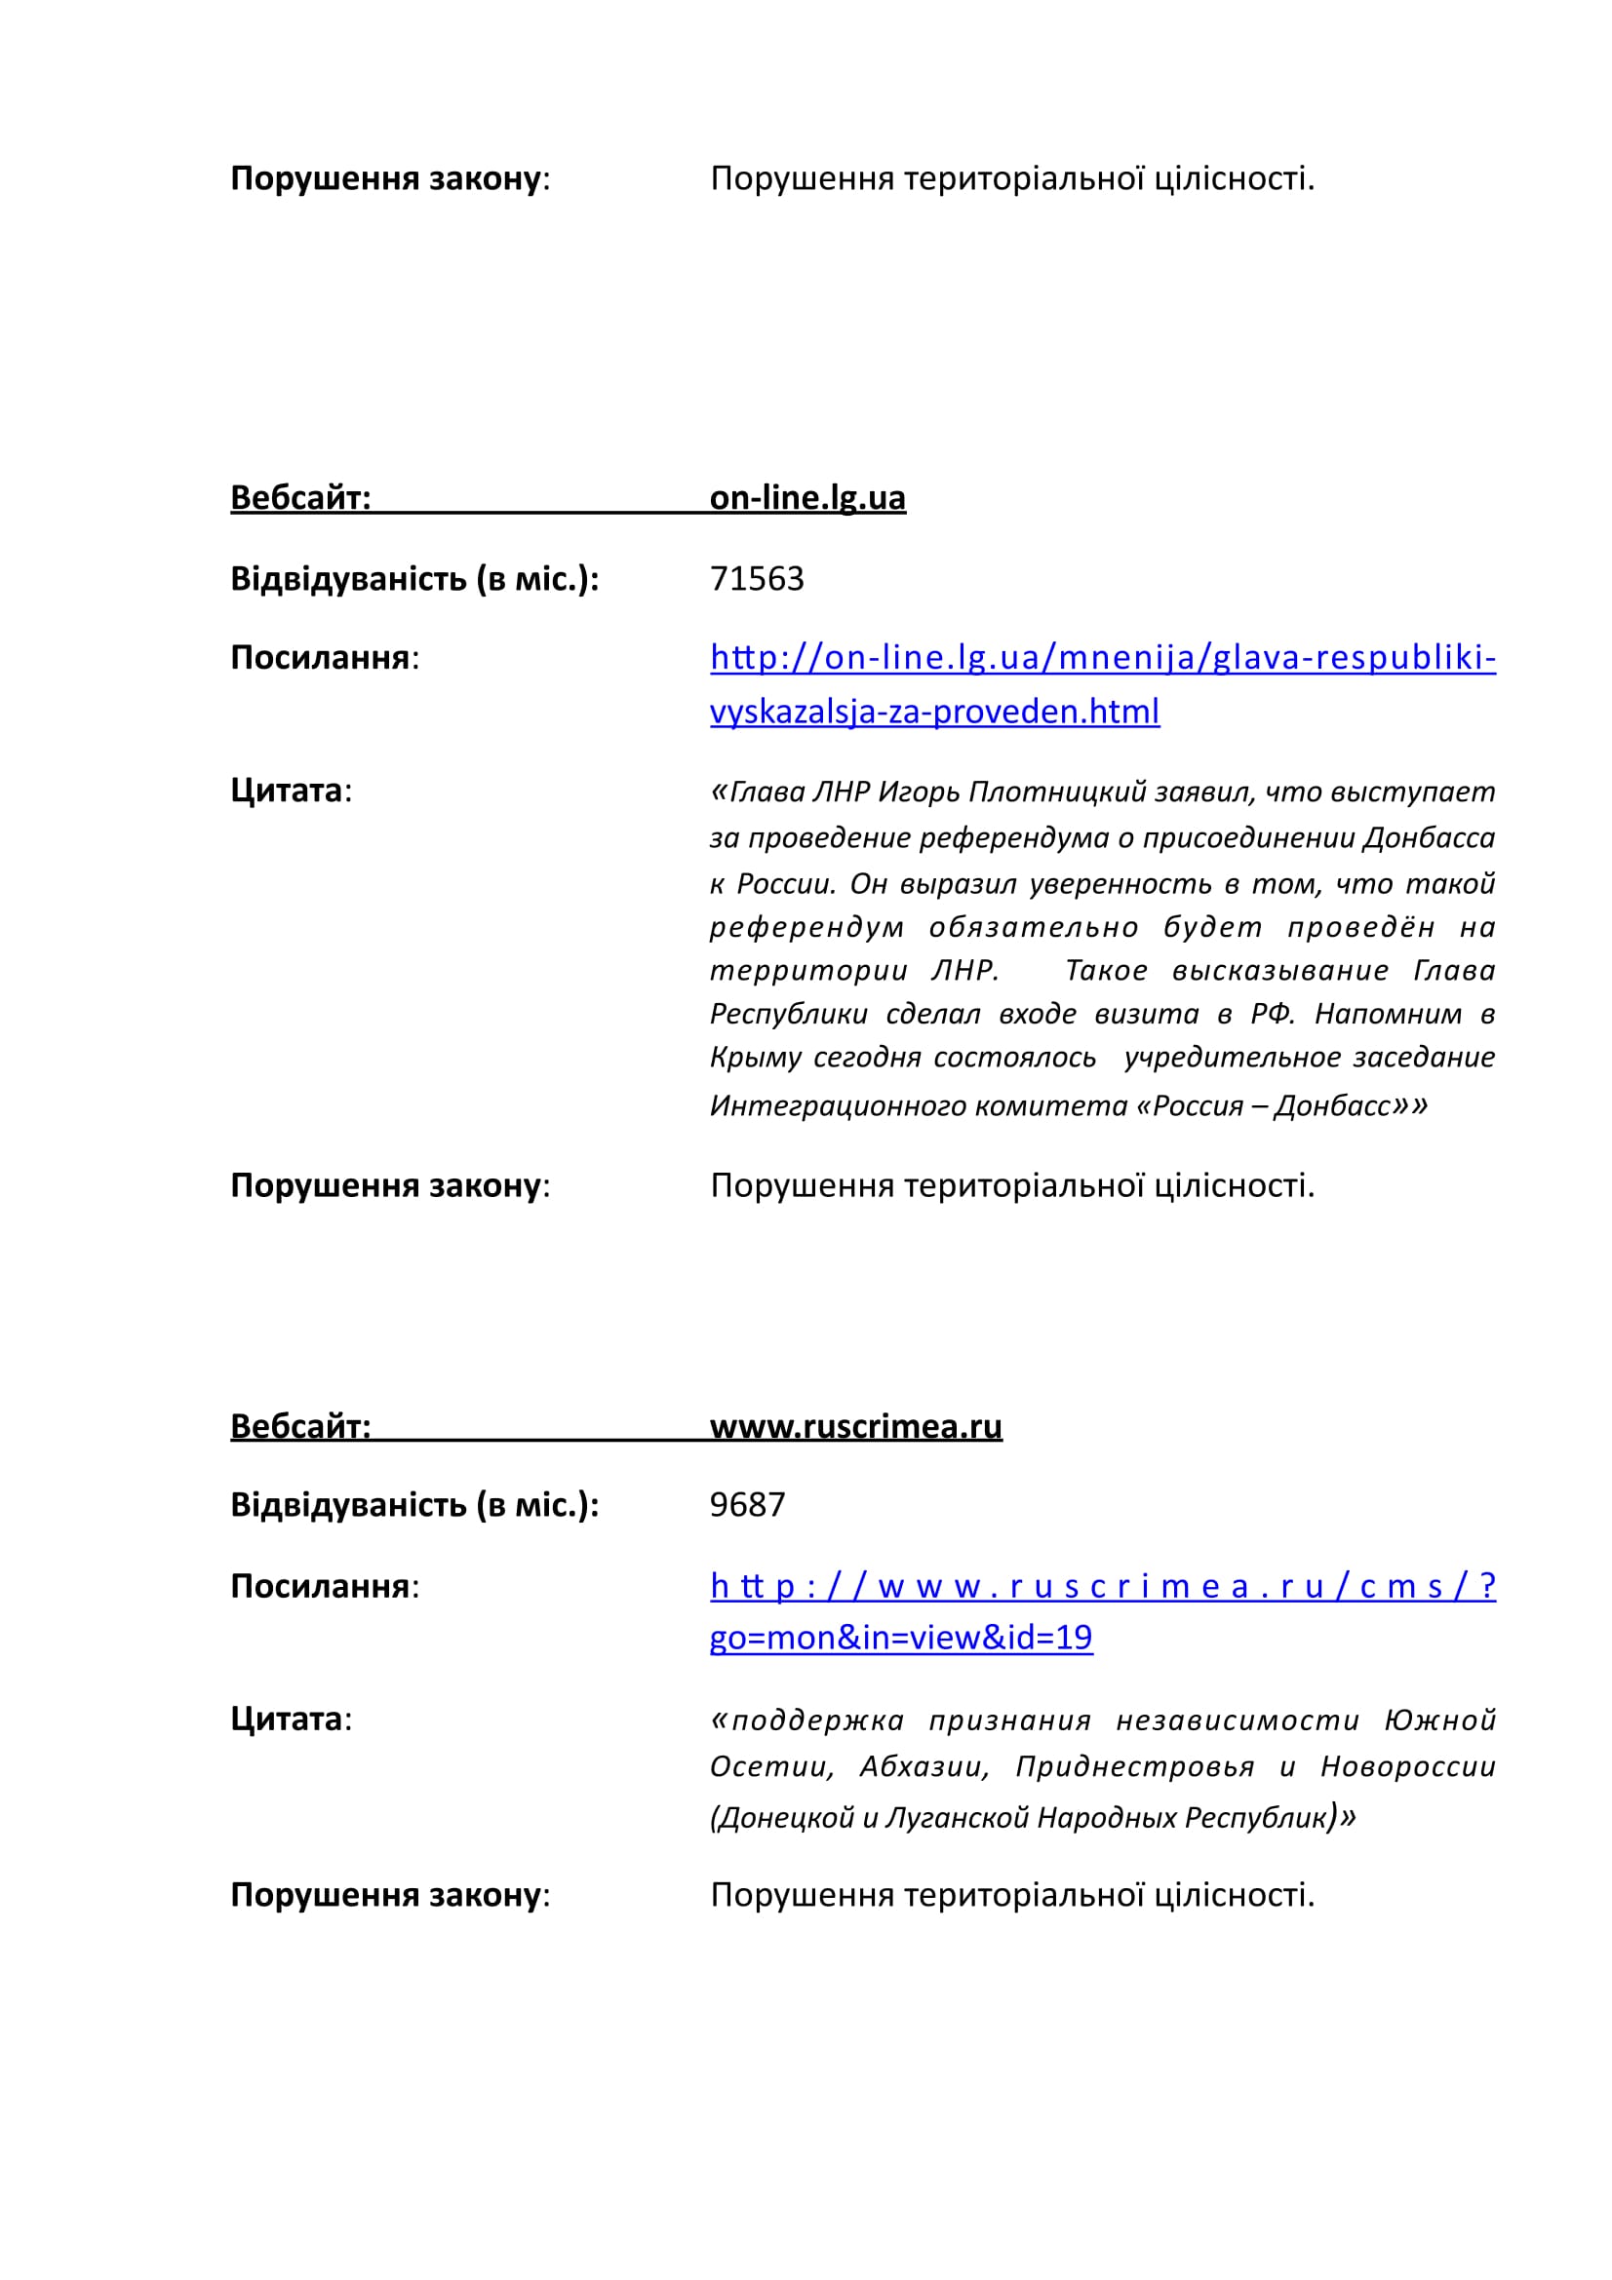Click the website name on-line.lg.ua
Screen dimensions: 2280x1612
[806, 497]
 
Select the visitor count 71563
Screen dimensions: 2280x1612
[756, 579]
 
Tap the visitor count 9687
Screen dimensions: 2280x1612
[747, 1504]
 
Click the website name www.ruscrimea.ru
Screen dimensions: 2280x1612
[855, 1426]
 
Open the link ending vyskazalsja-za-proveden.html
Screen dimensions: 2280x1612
[933, 712]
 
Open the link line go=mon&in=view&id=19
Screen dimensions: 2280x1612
[900, 1638]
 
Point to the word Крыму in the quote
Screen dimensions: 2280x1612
[755, 1058]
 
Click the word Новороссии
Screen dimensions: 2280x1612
[1407, 1766]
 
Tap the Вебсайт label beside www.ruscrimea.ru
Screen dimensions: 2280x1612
[300, 1426]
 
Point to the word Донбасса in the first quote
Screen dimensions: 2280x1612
[1429, 838]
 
